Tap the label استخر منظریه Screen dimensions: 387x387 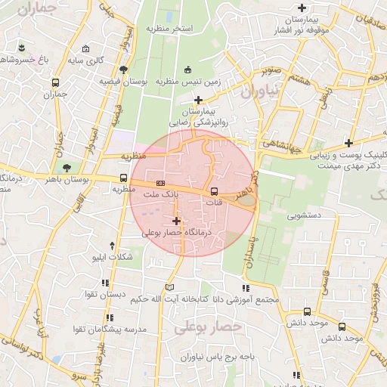click(172, 29)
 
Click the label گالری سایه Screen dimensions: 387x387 click(85, 59)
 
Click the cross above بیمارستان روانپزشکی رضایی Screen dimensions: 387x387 click(198, 100)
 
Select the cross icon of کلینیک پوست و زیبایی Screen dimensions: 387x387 click(348, 143)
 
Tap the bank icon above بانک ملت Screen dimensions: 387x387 click(160, 183)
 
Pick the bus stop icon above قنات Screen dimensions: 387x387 click(214, 190)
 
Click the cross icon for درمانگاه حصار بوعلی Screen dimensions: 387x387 click(177, 221)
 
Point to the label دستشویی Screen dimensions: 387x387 click(304, 215)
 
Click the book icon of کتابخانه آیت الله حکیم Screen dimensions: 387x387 click(169, 287)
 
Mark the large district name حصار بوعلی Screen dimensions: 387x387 click(208, 327)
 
